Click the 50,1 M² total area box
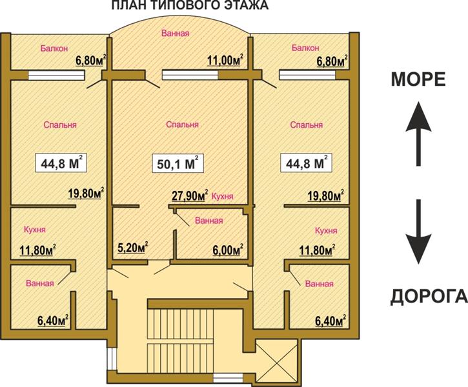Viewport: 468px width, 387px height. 178,163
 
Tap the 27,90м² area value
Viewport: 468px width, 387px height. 190,195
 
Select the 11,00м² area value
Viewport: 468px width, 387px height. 225,60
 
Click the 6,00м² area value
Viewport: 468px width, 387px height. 227,250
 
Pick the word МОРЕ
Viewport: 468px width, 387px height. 418,79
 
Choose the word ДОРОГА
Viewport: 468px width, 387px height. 429,296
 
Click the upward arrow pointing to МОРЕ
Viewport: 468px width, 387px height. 418,134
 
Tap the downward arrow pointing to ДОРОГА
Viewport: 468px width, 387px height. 418,232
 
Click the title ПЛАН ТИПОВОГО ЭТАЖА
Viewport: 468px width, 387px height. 190,5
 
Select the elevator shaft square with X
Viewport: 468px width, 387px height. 278,361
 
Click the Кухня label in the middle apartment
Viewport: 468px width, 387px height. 222,197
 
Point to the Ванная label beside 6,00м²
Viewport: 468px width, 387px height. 209,221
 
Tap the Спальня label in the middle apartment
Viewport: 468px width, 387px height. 183,124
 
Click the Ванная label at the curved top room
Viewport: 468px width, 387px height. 176,33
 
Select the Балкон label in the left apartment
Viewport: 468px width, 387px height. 54,48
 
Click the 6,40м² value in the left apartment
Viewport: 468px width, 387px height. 53,321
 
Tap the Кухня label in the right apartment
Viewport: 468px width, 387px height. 326,230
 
